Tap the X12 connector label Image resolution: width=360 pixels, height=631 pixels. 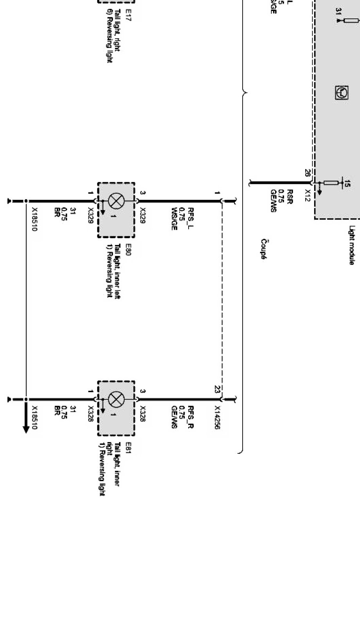coord(307,196)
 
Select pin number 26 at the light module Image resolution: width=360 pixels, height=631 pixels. coord(307,173)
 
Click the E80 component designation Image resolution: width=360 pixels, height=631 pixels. coord(128,249)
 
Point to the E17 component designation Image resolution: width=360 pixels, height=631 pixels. coord(128,16)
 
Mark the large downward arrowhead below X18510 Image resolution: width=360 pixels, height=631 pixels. coord(26,429)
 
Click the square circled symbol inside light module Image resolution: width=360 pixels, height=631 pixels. coord(342,93)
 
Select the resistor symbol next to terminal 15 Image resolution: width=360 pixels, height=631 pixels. coord(331,183)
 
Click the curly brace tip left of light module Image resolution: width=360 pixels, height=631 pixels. coord(245,93)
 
